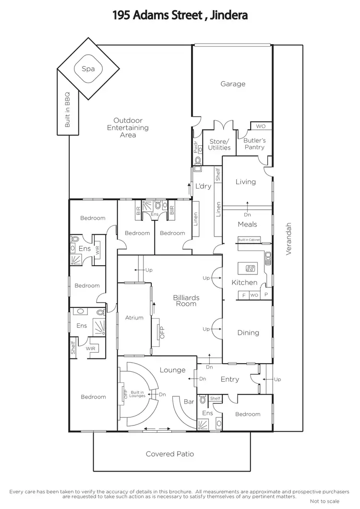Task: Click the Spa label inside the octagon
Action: click(88, 69)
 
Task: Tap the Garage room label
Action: click(233, 84)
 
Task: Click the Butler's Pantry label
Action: click(254, 144)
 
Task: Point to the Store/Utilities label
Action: click(219, 144)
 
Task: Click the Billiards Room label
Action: click(186, 301)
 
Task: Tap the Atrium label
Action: click(134, 318)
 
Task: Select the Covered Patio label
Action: click(170, 454)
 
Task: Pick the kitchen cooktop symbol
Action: click(250, 268)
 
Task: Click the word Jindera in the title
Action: click(228, 15)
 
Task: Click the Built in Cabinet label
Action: click(249, 239)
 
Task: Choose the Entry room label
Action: click(229, 379)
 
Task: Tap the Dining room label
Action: click(248, 332)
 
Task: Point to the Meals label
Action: click(248, 224)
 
